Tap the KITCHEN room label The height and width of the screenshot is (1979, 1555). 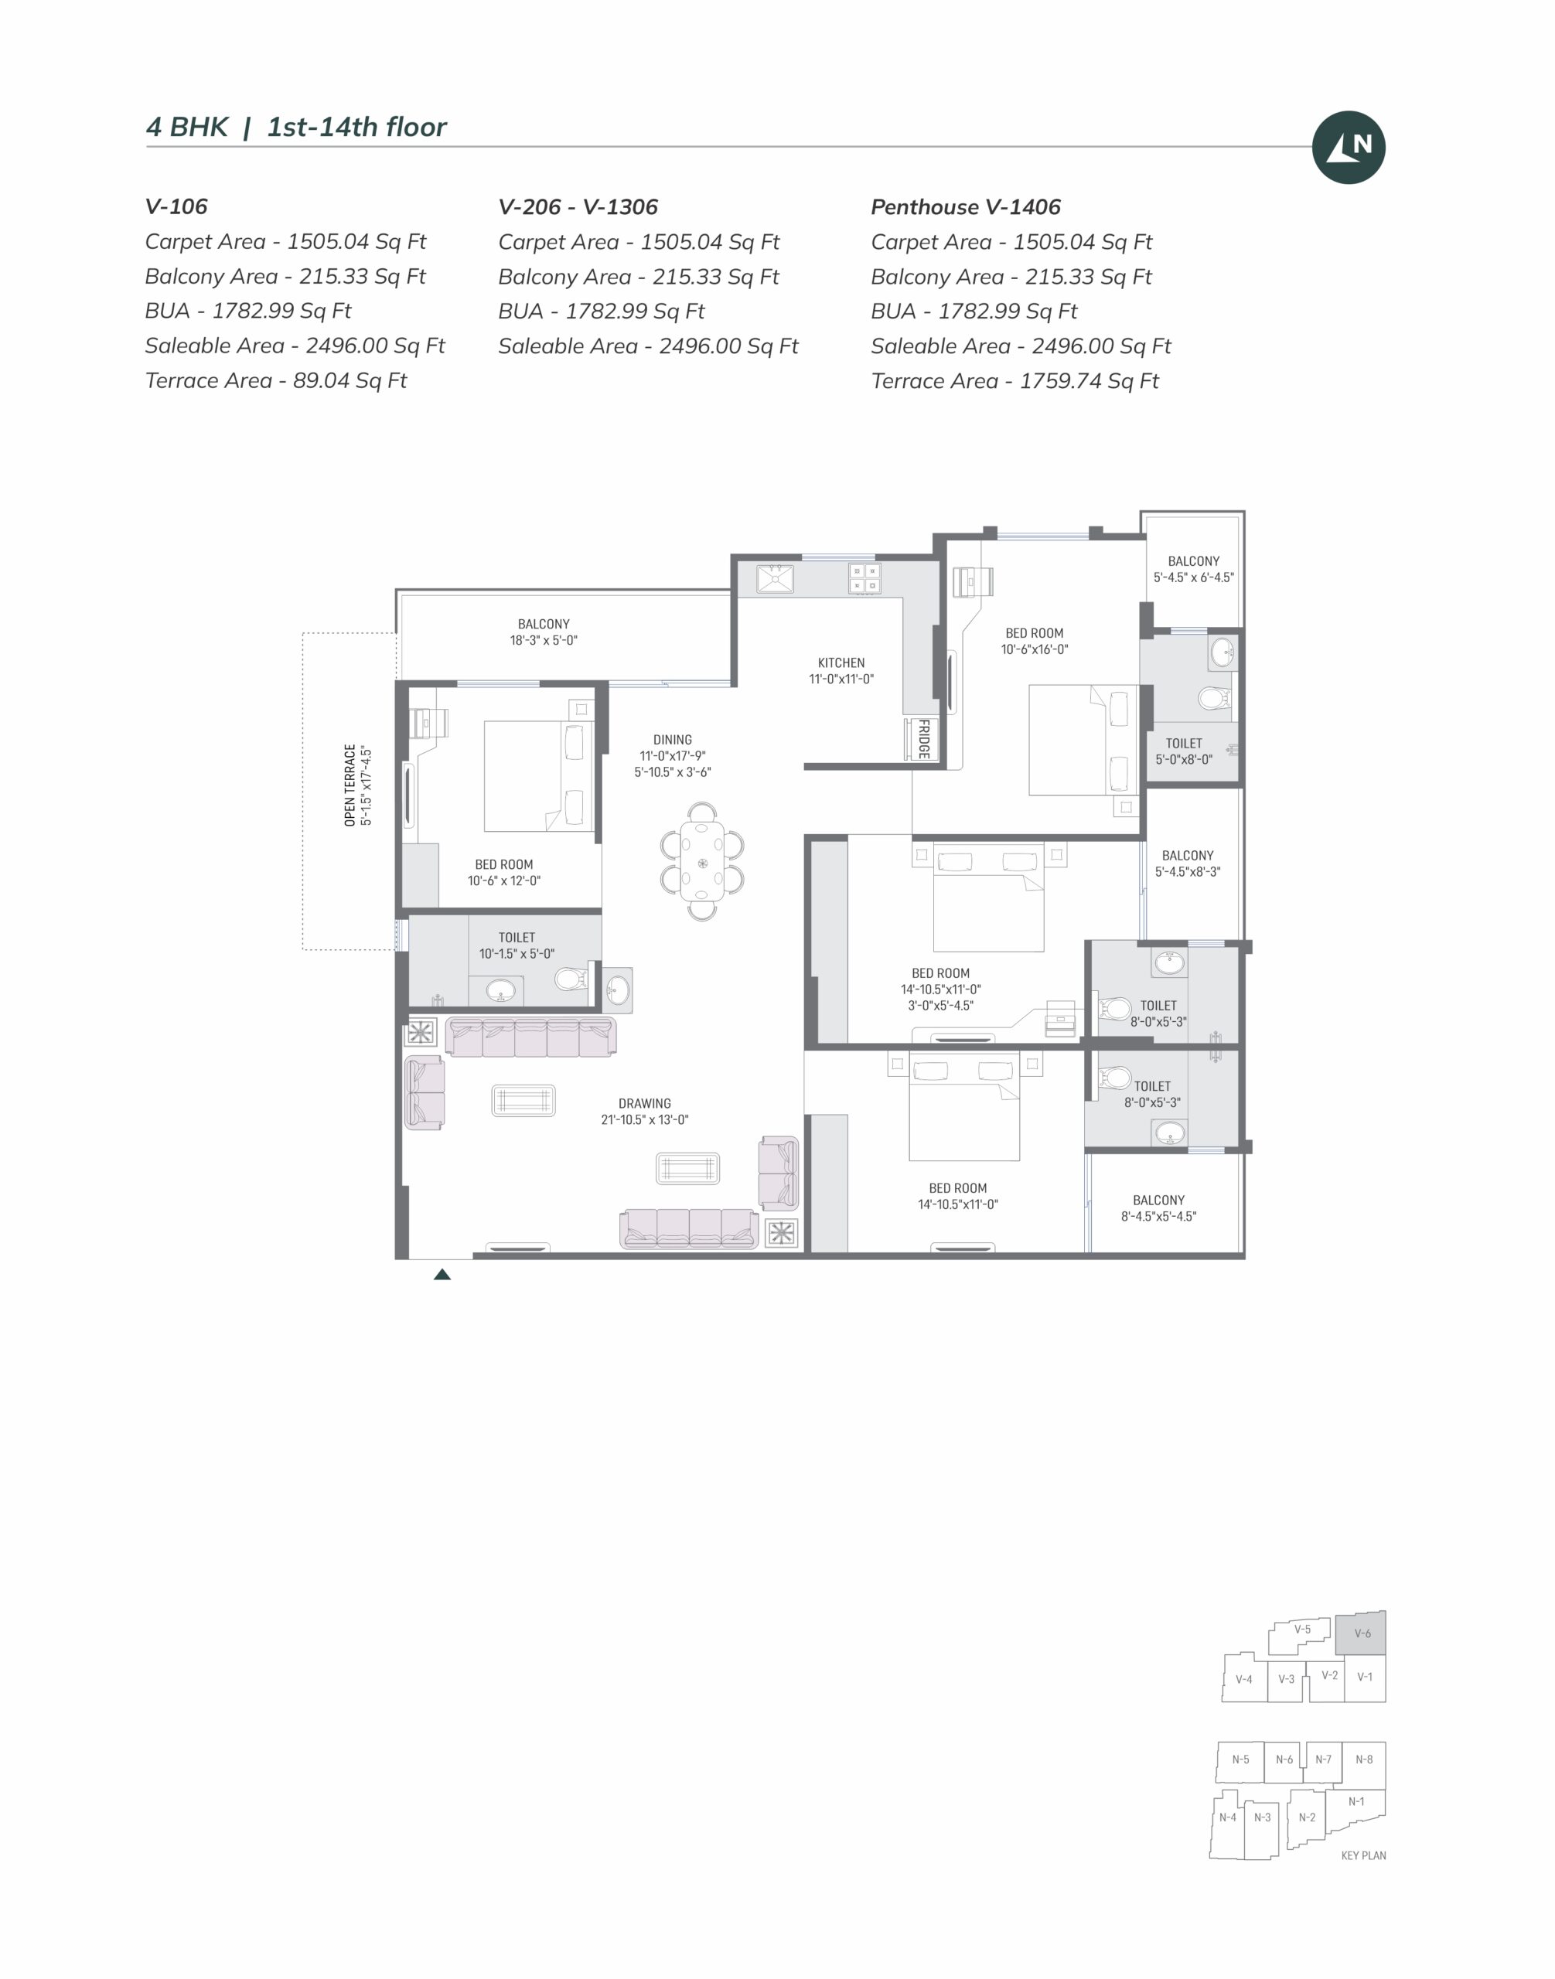click(x=841, y=663)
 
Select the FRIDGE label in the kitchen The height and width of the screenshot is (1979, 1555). click(x=922, y=738)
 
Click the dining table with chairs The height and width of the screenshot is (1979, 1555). click(x=702, y=861)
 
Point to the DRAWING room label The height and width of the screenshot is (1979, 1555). click(x=645, y=1103)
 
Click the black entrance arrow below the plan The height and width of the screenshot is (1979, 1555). click(x=442, y=1275)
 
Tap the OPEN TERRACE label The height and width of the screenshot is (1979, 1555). click(x=350, y=785)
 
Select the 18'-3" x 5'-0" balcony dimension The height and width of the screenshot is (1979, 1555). click(x=544, y=640)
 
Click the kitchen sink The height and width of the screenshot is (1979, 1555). click(x=775, y=578)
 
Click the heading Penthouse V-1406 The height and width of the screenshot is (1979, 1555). click(x=965, y=206)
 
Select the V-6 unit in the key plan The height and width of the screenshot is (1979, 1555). click(x=1360, y=1633)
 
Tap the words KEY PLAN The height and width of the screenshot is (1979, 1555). click(x=1363, y=1855)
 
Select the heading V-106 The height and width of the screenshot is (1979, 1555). click(x=176, y=206)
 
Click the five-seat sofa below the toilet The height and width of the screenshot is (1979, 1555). click(x=530, y=1037)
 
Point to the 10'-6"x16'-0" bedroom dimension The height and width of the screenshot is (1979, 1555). click(x=1035, y=649)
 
